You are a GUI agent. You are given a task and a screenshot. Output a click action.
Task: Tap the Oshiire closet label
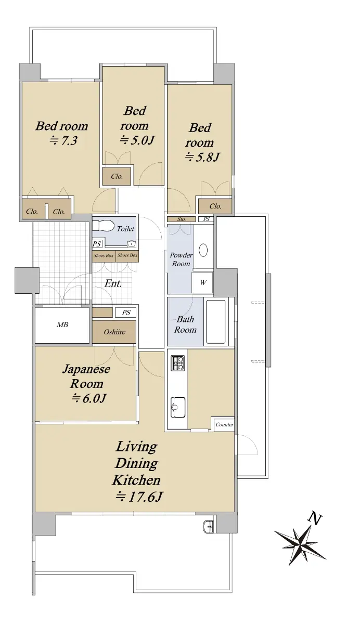pyautogui.click(x=114, y=332)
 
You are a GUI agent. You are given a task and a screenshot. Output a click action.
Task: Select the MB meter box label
pyautogui.click(x=62, y=324)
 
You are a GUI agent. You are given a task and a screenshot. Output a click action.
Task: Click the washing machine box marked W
pyautogui.click(x=202, y=282)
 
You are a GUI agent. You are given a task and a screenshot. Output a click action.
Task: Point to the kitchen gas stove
pyautogui.click(x=177, y=363)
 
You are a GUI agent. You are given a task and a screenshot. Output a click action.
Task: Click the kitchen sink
pyautogui.click(x=178, y=407)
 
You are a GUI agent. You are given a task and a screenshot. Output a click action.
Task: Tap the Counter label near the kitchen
pyautogui.click(x=224, y=424)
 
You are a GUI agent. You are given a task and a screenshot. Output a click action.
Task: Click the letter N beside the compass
pyautogui.click(x=315, y=518)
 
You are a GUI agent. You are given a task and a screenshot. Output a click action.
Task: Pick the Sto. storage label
pyautogui.click(x=182, y=219)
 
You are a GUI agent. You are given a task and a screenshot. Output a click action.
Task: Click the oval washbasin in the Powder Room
pyautogui.click(x=203, y=250)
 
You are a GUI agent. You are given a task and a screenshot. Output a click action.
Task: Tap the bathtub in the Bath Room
pyautogui.click(x=216, y=322)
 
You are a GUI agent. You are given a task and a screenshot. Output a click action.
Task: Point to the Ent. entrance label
pyautogui.click(x=113, y=283)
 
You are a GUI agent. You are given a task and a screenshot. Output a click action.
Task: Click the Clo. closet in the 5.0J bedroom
pyautogui.click(x=117, y=176)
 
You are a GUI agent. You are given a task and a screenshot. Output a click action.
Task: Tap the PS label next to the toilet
pyautogui.click(x=97, y=244)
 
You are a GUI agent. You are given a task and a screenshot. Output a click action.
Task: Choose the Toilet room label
pyautogui.click(x=125, y=229)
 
